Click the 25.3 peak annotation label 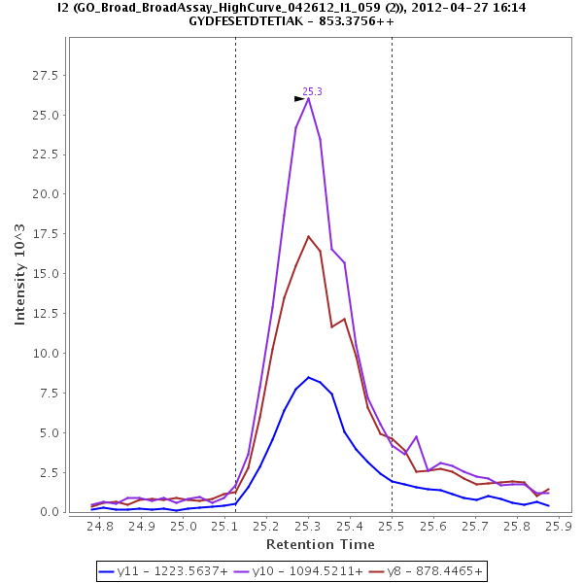click(312, 91)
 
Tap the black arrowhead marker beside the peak click(299, 98)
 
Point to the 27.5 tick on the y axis click(49, 75)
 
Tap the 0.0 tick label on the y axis click(52, 512)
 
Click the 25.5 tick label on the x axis click(392, 527)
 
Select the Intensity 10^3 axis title click(20, 274)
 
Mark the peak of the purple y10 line click(308, 97)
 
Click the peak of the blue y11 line click(308, 377)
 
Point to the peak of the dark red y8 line click(308, 236)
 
